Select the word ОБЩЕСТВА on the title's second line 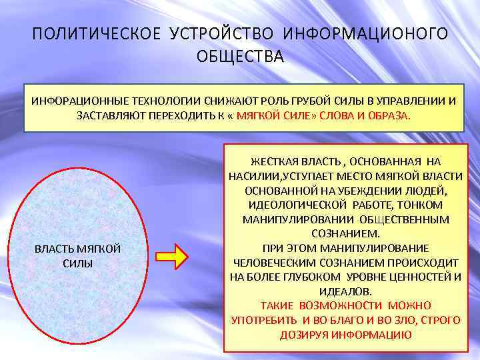tap(240, 56)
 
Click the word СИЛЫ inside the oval tap(77, 263)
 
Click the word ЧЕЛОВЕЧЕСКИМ tap(273, 263)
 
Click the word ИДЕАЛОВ tap(345, 292)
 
